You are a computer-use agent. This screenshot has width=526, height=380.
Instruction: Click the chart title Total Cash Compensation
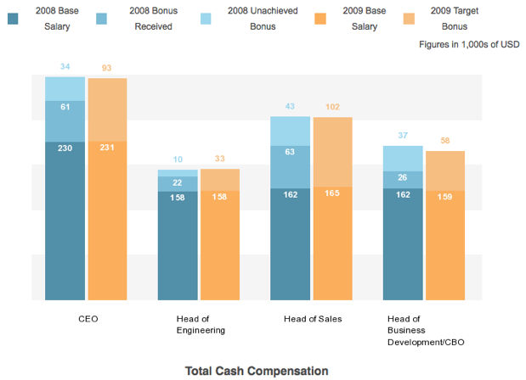[256, 371]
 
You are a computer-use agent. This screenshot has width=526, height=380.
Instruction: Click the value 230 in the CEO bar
[65, 148]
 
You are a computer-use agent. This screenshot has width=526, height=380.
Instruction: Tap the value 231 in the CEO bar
[107, 148]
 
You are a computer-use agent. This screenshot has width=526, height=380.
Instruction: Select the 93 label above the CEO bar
[107, 68]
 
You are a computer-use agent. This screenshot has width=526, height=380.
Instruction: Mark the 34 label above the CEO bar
[65, 66]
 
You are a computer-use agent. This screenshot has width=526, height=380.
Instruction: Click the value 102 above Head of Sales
[332, 107]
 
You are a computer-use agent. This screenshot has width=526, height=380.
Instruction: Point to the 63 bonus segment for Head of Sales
[291, 152]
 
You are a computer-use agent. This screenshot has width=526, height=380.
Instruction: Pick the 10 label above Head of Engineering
[177, 159]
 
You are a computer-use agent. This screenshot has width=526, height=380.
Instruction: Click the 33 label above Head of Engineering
[219, 159]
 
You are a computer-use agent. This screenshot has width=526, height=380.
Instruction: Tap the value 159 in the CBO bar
[445, 197]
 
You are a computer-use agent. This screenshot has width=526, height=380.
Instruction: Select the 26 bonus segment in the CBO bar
[404, 177]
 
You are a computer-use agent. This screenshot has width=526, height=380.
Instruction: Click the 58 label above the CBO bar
[445, 141]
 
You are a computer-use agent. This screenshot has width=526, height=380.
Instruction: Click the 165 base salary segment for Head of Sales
[332, 193]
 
